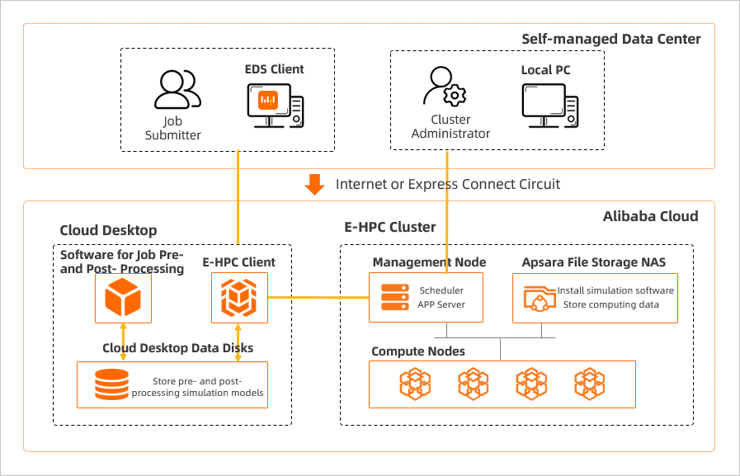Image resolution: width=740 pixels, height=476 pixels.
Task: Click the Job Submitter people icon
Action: click(177, 90)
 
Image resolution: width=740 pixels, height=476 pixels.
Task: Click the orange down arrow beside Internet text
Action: click(314, 184)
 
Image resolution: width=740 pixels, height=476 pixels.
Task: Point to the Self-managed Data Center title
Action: click(611, 39)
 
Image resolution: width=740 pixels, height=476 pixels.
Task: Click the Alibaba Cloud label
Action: click(650, 216)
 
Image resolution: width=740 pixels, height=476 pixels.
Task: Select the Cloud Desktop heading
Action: click(108, 230)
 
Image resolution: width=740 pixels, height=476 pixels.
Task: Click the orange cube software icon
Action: click(122, 298)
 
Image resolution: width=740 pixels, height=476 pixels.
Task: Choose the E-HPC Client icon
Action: click(238, 298)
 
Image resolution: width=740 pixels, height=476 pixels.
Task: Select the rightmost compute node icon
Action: click(590, 384)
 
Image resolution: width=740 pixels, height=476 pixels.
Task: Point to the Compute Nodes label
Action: click(418, 351)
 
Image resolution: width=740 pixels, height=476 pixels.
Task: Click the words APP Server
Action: click(442, 304)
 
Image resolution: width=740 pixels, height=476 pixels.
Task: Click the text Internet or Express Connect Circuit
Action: click(448, 184)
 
